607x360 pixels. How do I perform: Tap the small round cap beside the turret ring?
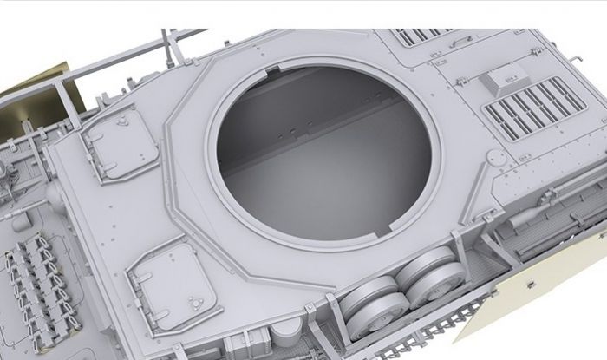[x=495, y=157]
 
